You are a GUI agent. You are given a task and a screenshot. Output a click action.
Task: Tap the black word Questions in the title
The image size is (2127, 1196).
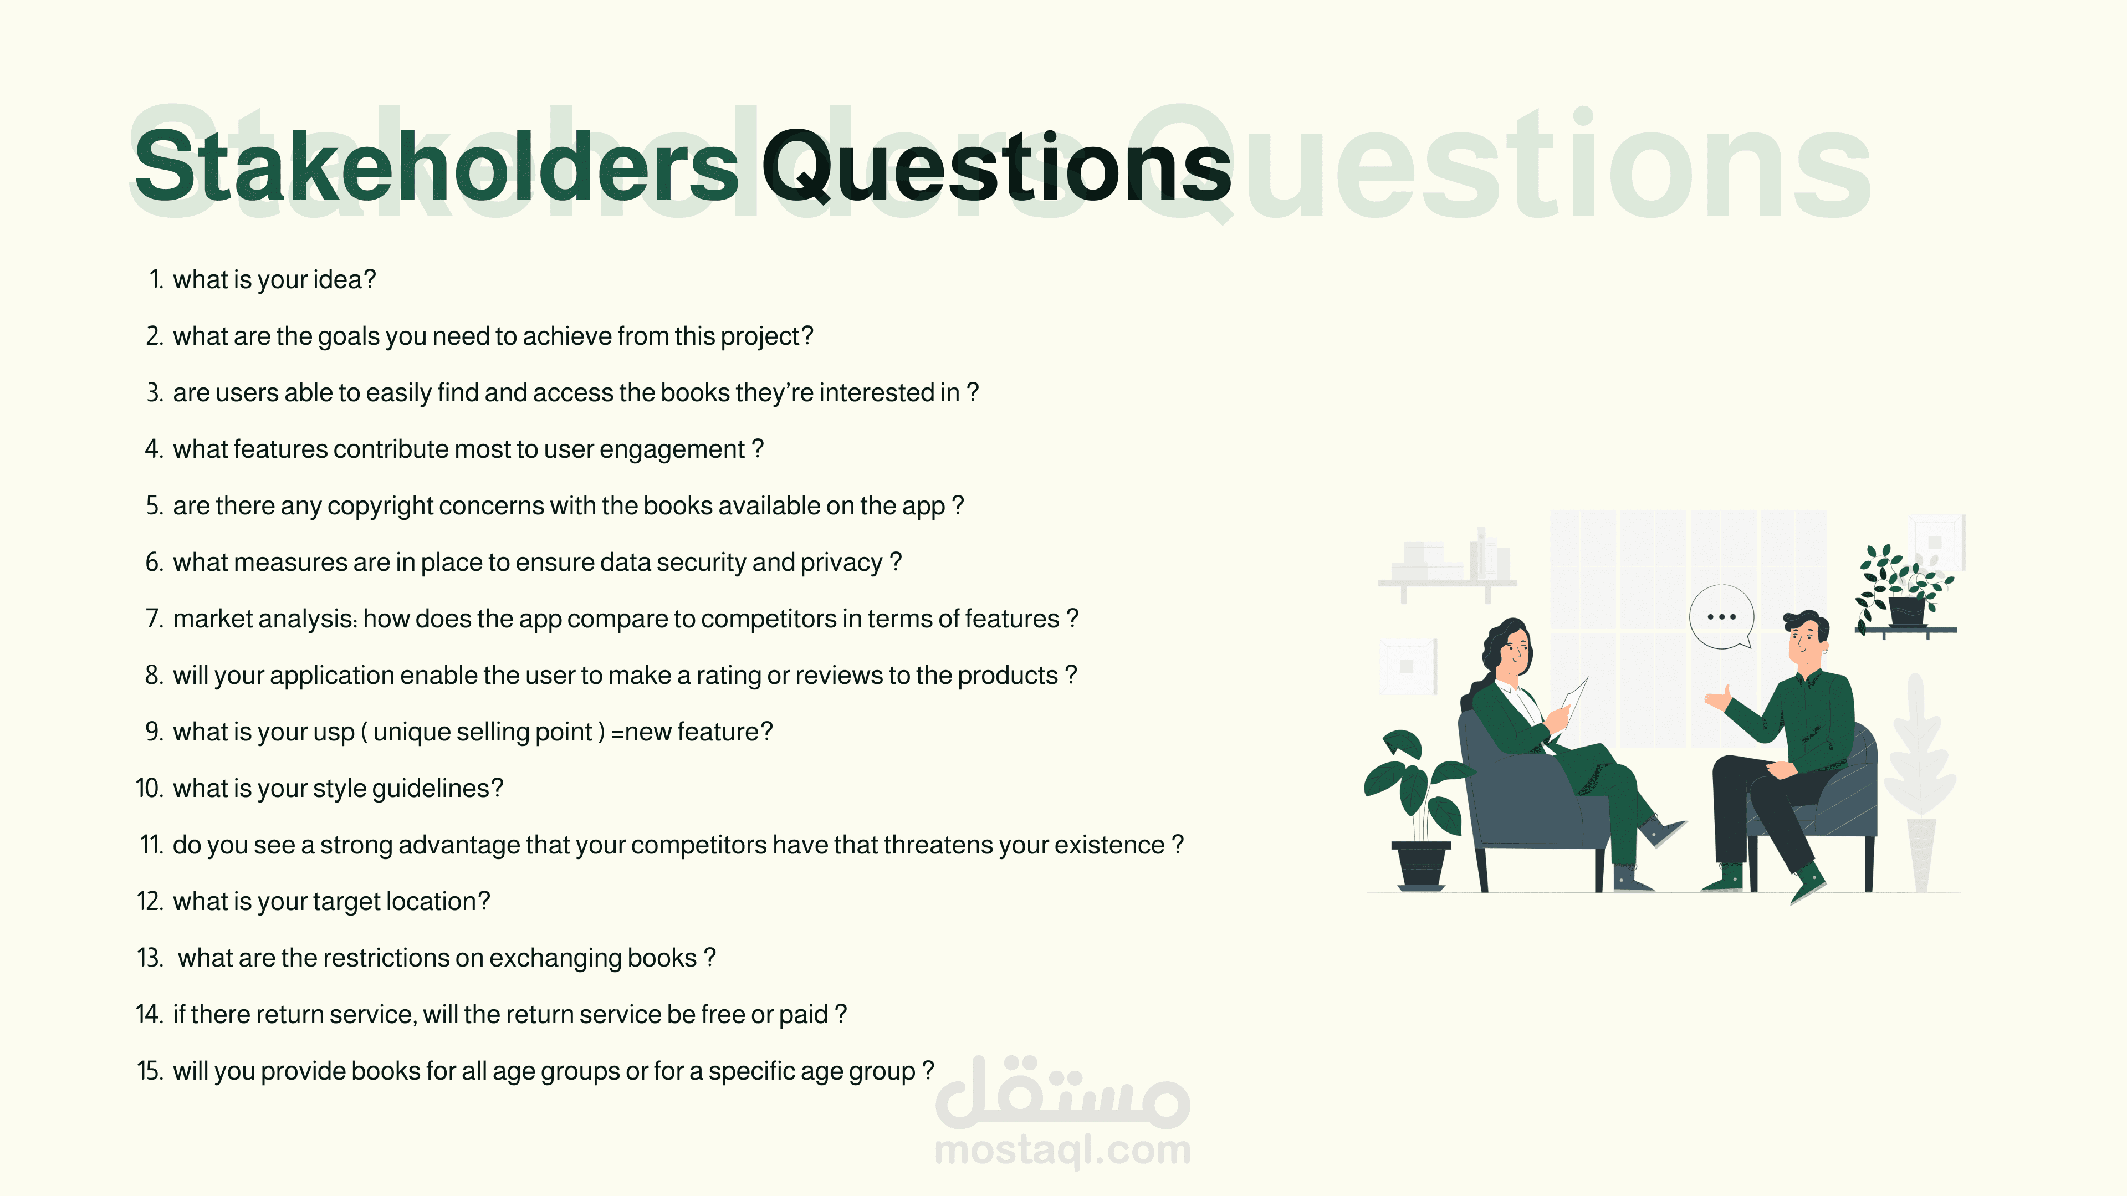coord(996,168)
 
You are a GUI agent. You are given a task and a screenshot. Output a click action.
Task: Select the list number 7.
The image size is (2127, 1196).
coord(155,619)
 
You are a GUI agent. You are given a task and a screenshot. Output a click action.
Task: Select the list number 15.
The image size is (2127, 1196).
coord(150,1071)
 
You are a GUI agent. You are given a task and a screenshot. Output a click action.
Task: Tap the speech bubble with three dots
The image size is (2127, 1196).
coord(1721,617)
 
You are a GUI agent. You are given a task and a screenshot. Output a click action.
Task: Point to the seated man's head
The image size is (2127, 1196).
coord(1806,637)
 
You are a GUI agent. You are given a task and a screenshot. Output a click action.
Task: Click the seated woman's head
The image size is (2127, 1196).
coord(1512,649)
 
